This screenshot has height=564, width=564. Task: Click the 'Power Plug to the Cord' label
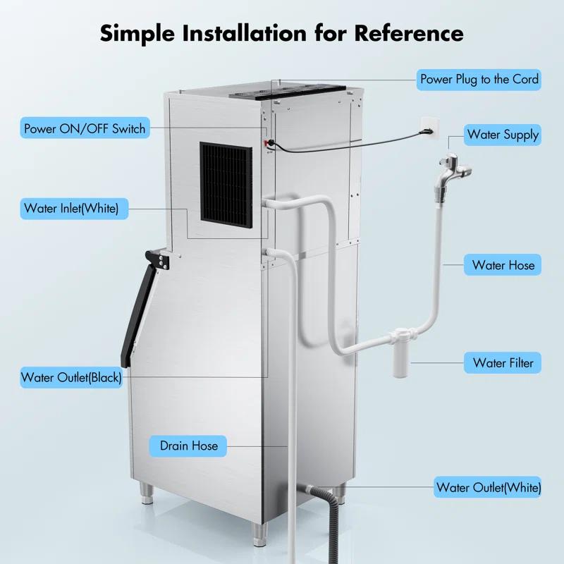tap(479, 79)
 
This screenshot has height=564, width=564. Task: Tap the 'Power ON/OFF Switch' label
tap(85, 128)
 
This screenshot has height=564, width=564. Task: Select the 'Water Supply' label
tap(503, 134)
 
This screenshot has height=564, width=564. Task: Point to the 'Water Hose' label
tap(503, 265)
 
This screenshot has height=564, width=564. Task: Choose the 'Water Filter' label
tap(503, 363)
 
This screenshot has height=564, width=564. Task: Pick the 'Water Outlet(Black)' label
tap(71, 377)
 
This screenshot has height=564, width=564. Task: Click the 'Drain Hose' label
tap(188, 446)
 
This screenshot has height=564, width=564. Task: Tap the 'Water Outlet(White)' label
tap(489, 487)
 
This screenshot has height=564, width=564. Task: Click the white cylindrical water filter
tap(400, 362)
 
